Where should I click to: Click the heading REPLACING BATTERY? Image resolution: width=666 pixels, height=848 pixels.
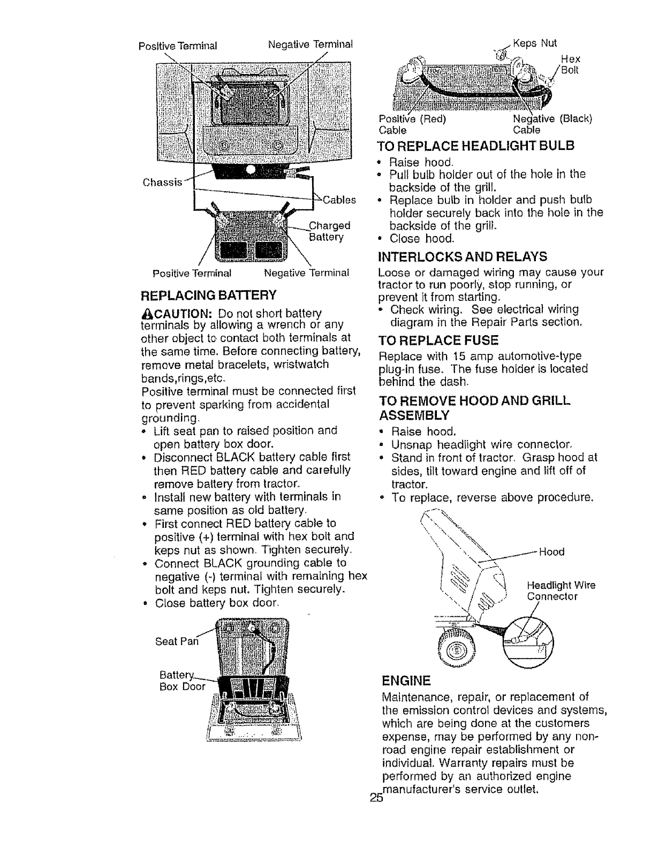click(208, 294)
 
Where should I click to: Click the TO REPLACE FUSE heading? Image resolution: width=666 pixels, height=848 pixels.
click(438, 340)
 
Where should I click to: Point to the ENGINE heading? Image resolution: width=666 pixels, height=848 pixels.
click(406, 681)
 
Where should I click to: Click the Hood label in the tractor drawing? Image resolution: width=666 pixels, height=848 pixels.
click(551, 552)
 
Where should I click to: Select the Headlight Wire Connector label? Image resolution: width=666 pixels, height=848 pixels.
click(561, 590)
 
